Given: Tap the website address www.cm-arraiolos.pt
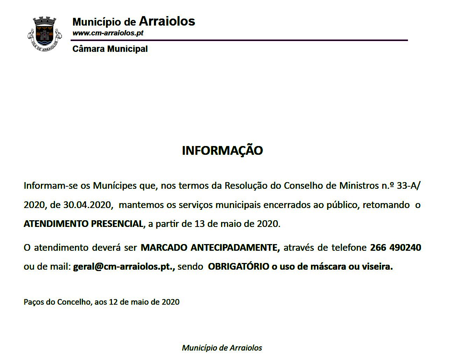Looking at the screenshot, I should [108, 33].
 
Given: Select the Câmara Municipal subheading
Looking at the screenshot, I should [110, 49].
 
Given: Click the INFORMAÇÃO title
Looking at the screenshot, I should [222, 151].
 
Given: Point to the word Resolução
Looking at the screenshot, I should [246, 186].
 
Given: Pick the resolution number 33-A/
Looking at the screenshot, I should [409, 186].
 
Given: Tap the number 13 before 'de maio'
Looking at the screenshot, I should [199, 224].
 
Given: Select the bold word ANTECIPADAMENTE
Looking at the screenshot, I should [235, 248].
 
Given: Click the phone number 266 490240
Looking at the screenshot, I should [395, 248].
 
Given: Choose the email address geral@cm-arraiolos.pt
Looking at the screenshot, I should [123, 267].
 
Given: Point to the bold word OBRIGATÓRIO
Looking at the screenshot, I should [239, 267].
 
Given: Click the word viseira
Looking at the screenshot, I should [377, 267].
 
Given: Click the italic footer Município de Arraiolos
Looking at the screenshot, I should [222, 348].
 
